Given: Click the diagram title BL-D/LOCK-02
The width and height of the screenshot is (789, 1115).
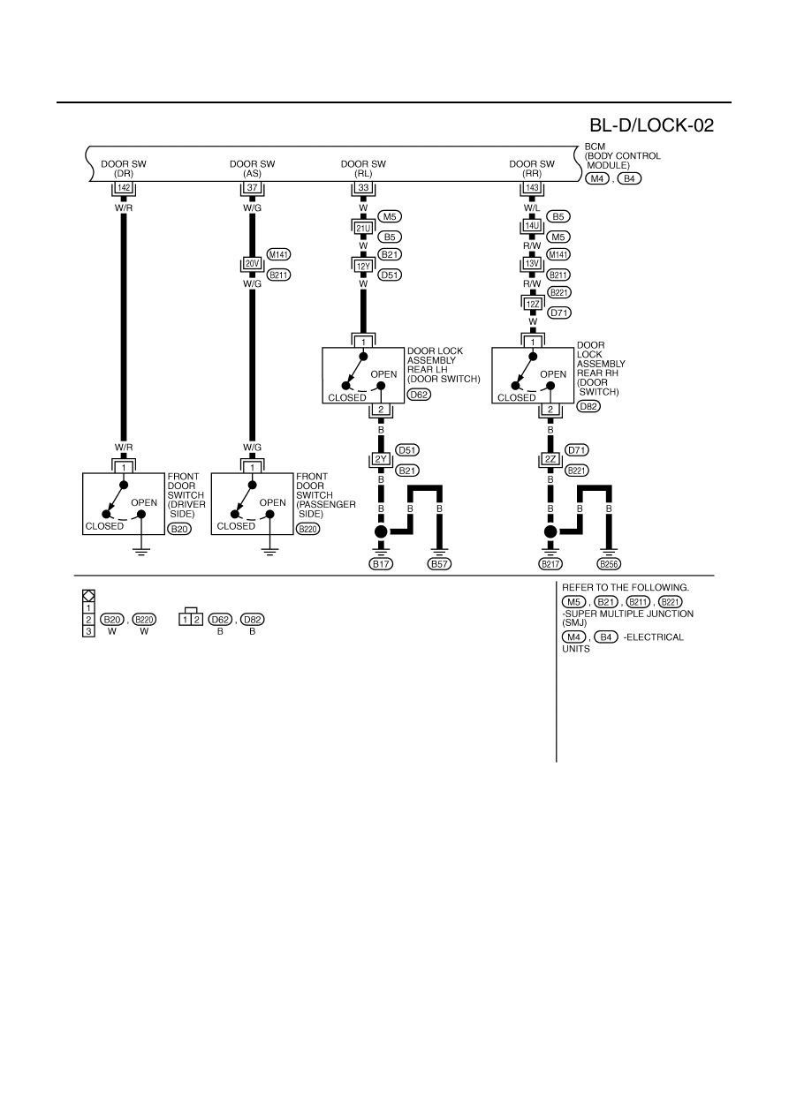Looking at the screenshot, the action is click(x=651, y=125).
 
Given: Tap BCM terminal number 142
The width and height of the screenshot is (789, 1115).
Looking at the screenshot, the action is click(x=124, y=188).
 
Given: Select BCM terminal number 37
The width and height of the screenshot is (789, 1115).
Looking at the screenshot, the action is click(x=252, y=188).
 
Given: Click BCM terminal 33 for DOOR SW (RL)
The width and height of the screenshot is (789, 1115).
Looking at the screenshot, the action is click(x=363, y=188).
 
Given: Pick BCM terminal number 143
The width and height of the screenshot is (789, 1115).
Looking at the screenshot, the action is click(x=533, y=188).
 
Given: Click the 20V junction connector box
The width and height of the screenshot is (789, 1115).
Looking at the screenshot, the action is click(x=252, y=263).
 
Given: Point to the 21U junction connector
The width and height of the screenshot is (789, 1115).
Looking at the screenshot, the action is click(x=363, y=229).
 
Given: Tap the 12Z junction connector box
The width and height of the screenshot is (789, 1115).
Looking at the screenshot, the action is click(x=533, y=305).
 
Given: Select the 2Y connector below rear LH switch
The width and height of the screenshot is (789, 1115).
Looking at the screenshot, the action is click(x=381, y=459).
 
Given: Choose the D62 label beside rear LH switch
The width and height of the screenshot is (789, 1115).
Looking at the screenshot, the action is click(x=419, y=395).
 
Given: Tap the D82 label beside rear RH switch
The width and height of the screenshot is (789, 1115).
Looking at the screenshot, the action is click(x=588, y=406).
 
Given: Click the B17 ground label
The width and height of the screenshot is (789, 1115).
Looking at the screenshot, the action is click(x=381, y=564).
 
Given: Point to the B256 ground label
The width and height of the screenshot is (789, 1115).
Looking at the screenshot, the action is click(x=609, y=564).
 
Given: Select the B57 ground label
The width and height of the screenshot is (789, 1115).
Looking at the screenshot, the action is click(x=439, y=564).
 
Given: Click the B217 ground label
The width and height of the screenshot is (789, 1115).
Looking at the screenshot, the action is click(x=550, y=564).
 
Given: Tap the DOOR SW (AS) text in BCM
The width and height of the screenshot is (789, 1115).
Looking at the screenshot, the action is click(x=252, y=169).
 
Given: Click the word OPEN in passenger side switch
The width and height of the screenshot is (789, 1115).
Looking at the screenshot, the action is click(x=272, y=502).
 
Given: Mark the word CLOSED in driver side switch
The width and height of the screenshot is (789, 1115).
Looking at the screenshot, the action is click(x=104, y=526).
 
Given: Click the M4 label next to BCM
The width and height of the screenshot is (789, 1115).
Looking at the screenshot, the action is click(x=596, y=178).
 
